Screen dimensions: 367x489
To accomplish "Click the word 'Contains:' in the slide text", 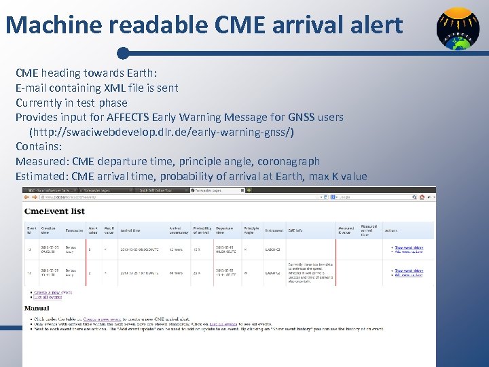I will click(39, 146).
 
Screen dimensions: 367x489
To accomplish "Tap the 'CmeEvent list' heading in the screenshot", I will click(54, 211).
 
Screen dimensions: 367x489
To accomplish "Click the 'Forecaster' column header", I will click(74, 230).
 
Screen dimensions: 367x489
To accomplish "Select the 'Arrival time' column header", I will click(132, 230).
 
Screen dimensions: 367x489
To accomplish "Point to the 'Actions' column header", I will click(391, 230).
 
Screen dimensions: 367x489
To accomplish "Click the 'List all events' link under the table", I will click(48, 297).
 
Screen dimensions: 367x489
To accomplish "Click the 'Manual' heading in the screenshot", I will click(37, 308).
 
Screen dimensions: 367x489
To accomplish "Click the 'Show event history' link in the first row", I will click(409, 247).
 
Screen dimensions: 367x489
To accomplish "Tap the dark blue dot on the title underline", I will click(122, 52).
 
